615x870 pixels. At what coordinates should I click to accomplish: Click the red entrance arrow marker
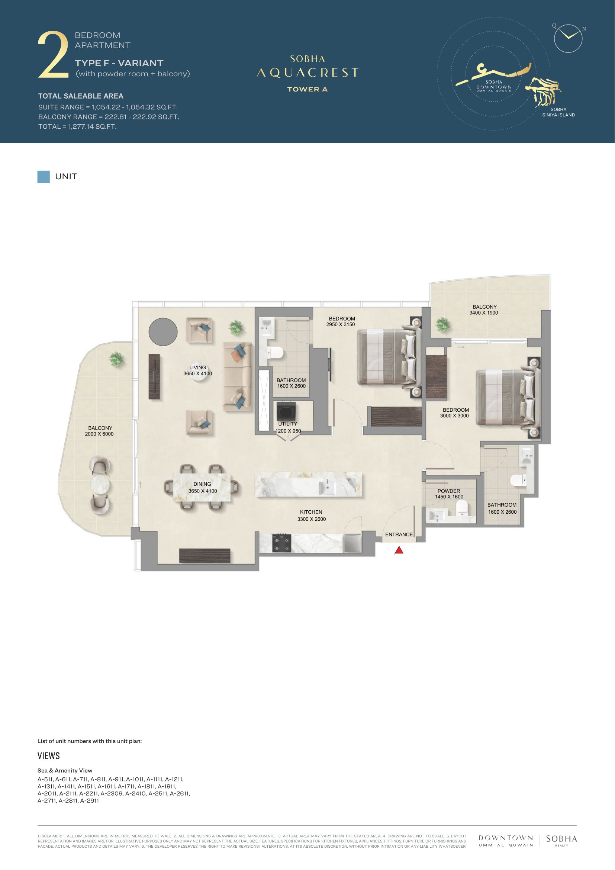399,550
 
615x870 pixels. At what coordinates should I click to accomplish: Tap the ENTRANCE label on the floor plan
399,534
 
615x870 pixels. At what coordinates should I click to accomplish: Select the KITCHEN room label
311,512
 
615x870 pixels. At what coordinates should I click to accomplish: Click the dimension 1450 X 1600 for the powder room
449,497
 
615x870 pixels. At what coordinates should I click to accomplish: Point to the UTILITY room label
287,424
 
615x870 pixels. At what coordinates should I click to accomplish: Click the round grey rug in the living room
163,332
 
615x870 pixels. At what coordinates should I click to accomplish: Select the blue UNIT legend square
44,177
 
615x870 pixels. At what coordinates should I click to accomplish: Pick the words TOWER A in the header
307,89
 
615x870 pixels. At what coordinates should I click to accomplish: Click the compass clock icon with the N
568,38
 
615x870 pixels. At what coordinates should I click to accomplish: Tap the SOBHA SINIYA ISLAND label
558,112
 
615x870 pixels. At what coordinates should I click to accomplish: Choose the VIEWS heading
48,756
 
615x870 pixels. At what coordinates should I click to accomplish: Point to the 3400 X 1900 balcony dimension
484,313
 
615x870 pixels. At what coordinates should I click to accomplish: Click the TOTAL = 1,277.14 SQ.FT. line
77,126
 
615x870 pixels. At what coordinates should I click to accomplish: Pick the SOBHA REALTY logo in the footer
561,841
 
